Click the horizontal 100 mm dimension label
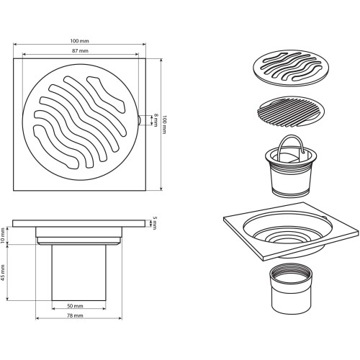(79, 41)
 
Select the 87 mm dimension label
(80, 51)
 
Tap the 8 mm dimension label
(156, 120)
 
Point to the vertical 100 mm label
(164, 125)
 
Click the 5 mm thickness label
(155, 223)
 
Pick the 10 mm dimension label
(3, 235)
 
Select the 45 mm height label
(3, 273)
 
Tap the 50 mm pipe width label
(75, 306)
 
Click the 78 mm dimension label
(75, 316)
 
